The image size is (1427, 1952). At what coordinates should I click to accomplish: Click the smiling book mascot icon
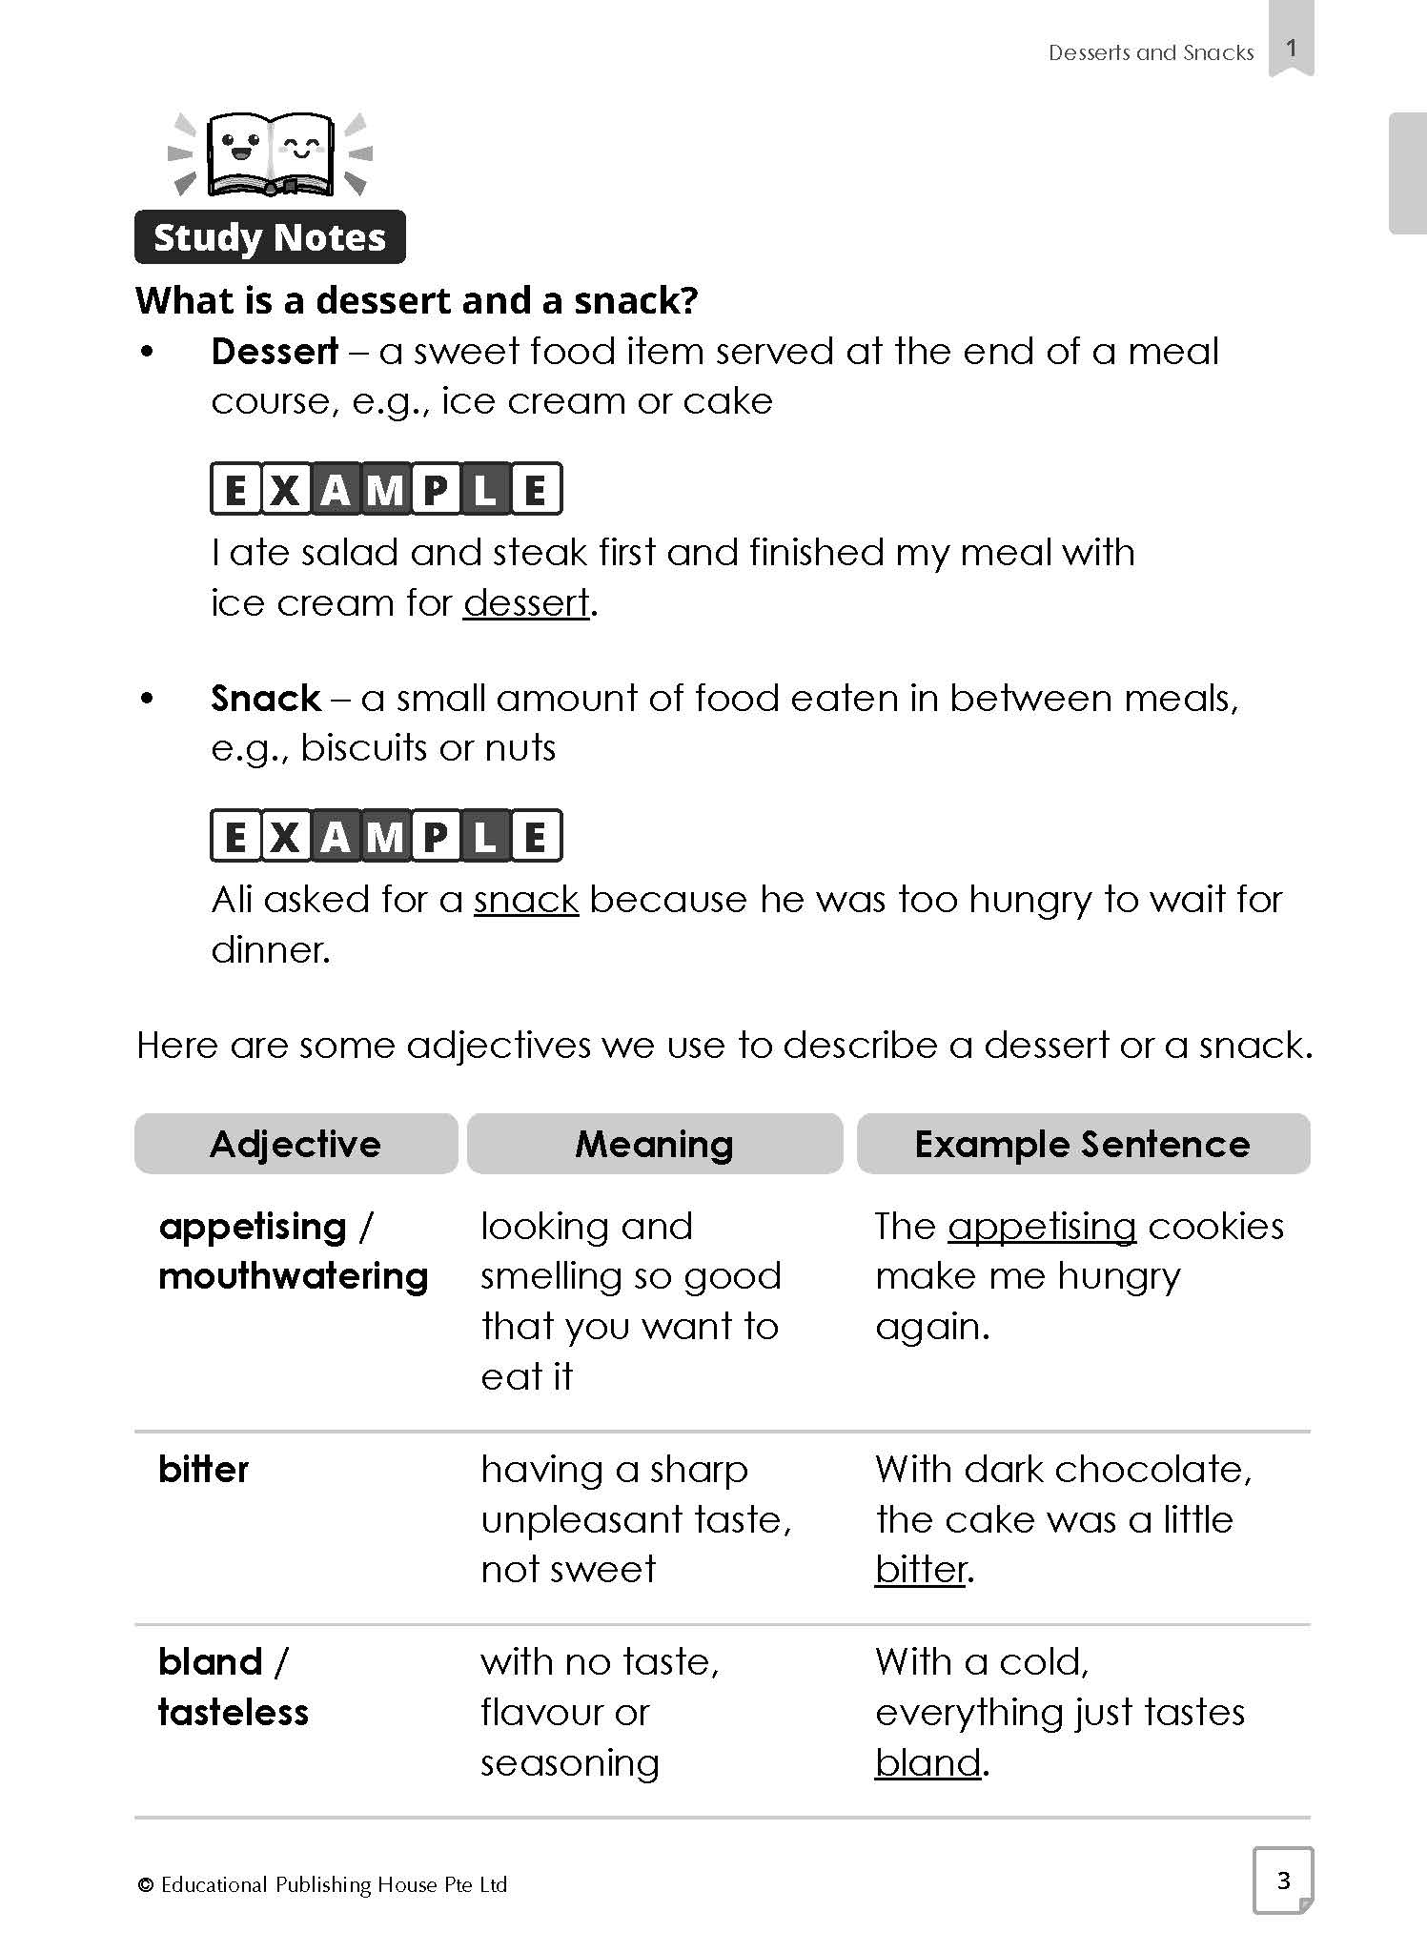click(271, 153)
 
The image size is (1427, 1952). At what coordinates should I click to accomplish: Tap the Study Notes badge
click(270, 237)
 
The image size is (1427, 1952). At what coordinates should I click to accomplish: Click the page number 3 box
click(1283, 1880)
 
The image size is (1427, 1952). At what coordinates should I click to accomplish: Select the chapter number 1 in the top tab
click(1291, 48)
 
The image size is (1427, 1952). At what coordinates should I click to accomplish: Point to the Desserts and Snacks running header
click(1151, 53)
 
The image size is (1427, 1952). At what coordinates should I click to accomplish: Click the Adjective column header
click(296, 1144)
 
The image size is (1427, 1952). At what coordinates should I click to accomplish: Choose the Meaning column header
click(655, 1144)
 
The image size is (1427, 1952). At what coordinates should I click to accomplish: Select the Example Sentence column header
click(1083, 1144)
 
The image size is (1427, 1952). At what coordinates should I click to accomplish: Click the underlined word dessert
click(526, 603)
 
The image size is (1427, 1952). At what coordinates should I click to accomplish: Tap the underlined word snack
click(526, 900)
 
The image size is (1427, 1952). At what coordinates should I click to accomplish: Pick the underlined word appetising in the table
click(1042, 1227)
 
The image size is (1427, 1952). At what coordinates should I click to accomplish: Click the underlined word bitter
click(921, 1569)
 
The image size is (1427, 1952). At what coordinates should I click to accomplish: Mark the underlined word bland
click(928, 1762)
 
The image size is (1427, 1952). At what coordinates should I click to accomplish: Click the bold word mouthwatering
click(294, 1276)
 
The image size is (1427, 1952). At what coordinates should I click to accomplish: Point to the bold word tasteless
click(234, 1713)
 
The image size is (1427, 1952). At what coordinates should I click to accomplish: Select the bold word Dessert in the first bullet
click(275, 352)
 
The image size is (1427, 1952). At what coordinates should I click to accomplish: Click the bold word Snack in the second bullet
click(266, 699)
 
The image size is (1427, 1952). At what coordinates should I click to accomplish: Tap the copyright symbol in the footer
click(146, 1885)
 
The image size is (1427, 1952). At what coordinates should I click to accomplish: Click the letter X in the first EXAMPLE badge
click(284, 490)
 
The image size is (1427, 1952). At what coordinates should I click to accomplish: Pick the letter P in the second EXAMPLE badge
click(436, 837)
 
